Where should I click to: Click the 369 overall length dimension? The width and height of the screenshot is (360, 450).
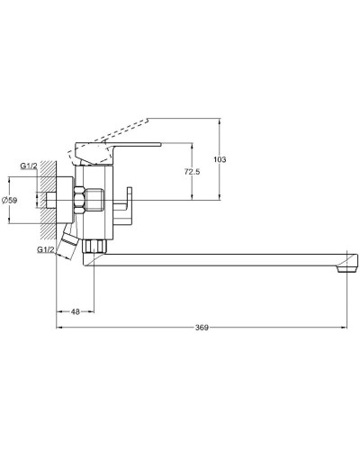click(202, 328)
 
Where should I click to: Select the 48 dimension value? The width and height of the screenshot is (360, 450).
click(76, 312)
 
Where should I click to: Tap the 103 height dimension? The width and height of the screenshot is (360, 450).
click(221, 159)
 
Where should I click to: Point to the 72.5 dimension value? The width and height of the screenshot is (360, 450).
click(190, 171)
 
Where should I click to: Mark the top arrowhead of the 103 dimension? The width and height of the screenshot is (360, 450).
click(218, 119)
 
